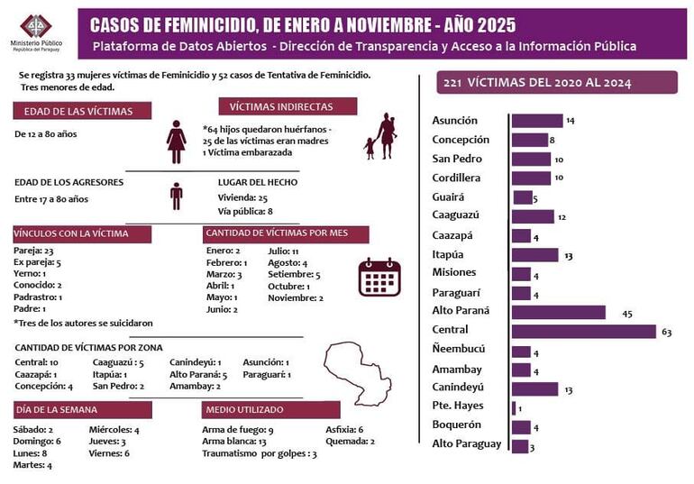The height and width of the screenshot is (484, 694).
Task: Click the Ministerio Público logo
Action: [x=36, y=28]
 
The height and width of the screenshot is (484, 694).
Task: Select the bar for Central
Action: [x=583, y=331]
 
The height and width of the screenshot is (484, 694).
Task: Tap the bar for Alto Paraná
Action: [x=557, y=312]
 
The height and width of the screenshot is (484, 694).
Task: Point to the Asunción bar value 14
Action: [x=571, y=121]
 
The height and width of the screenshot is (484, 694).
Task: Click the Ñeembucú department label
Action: [x=459, y=349]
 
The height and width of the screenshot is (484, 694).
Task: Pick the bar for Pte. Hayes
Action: [x=513, y=408]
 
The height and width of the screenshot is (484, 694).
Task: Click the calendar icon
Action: [x=379, y=277]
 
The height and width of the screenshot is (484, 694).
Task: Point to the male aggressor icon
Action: [x=177, y=195]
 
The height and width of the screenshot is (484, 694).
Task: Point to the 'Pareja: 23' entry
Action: [x=35, y=251]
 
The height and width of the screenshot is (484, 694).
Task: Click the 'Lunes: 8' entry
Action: [x=32, y=453]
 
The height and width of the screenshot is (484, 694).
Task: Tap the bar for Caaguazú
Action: [x=532, y=216]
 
